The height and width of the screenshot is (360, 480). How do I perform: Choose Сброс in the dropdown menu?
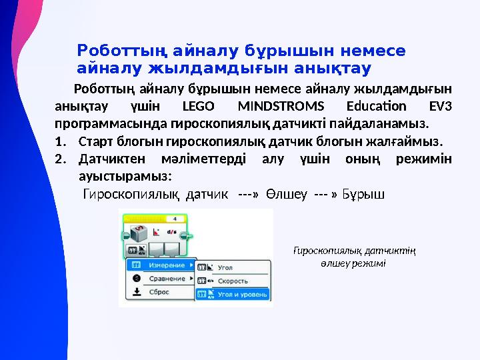[159, 292]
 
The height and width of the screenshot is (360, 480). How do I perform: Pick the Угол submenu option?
[225, 267]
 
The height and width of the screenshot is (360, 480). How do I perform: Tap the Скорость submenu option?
[232, 281]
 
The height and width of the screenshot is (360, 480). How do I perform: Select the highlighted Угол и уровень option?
[242, 293]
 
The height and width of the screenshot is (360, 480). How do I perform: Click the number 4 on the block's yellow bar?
[175, 218]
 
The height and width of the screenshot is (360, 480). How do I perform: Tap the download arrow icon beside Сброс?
[135, 292]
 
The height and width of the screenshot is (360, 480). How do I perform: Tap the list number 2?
[60, 159]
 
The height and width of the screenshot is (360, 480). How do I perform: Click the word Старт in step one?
[93, 141]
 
